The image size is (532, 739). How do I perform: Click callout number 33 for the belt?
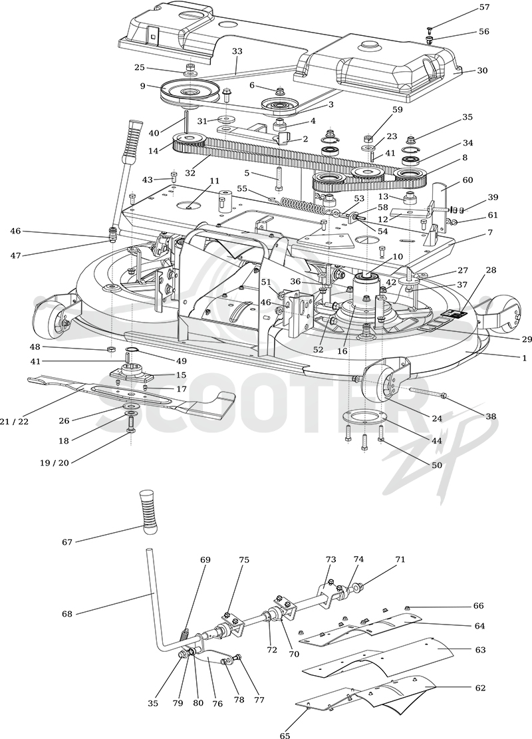click(x=237, y=51)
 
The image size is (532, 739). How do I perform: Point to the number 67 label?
click(x=67, y=542)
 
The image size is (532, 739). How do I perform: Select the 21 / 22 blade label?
click(x=14, y=422)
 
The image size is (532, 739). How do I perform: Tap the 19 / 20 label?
click(x=54, y=463)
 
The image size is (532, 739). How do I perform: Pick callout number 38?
click(x=491, y=417)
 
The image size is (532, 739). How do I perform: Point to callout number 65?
click(x=285, y=734)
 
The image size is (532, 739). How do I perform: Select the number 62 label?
click(x=480, y=688)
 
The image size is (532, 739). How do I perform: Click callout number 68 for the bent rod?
click(x=67, y=614)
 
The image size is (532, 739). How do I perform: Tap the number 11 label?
click(x=215, y=181)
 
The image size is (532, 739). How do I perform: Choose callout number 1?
click(x=524, y=358)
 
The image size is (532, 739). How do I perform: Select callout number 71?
click(x=400, y=560)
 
